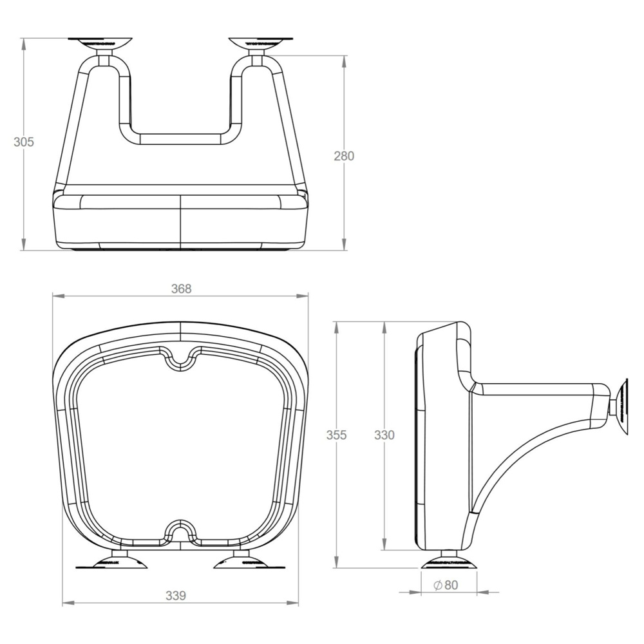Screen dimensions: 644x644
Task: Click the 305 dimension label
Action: [x=24, y=142]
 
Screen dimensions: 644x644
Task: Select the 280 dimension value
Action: [x=344, y=156]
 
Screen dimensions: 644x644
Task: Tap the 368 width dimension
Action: [x=181, y=289]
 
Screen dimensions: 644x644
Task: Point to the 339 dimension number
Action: [x=176, y=596]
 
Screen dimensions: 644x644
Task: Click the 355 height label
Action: [x=336, y=435]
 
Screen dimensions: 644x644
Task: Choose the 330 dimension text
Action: [x=384, y=435]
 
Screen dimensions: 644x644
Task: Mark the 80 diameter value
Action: [x=451, y=585]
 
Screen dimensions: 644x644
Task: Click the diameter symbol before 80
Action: [x=437, y=585]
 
